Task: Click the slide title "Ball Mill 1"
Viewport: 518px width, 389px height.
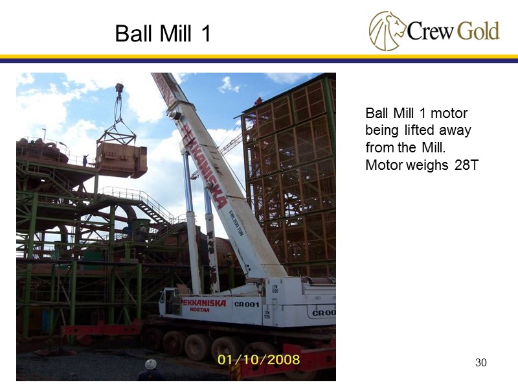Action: pos(163,33)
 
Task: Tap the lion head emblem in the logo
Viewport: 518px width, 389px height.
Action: pos(387,30)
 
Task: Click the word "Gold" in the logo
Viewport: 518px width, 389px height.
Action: pos(478,30)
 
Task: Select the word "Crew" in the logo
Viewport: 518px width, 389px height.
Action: pos(431,31)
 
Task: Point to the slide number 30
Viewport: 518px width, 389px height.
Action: pos(480,362)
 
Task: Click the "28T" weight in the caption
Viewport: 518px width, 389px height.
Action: pos(466,165)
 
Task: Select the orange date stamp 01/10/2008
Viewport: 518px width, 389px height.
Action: pos(258,359)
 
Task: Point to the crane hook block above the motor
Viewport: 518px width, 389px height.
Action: pos(119,89)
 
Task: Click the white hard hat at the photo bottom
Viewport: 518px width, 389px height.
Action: pos(151,364)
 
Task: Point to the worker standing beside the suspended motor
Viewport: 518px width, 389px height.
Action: pos(85,159)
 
